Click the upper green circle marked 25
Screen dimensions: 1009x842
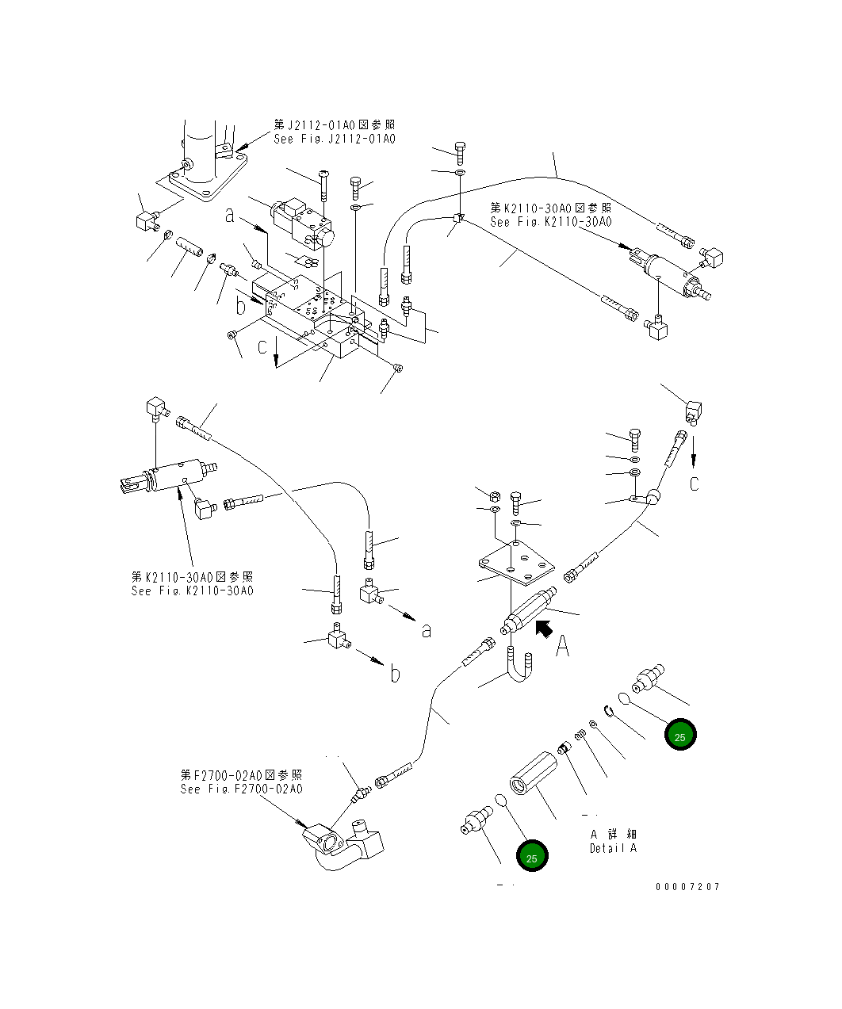click(x=679, y=736)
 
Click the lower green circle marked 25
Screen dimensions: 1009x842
click(x=532, y=857)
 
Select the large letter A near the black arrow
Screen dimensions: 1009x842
click(x=562, y=648)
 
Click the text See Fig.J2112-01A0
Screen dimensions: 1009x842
click(x=334, y=139)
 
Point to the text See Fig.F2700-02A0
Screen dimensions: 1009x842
click(x=241, y=789)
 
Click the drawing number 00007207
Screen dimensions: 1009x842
click(x=687, y=886)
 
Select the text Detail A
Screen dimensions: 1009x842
click(x=612, y=848)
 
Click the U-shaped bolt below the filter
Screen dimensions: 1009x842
click(x=519, y=671)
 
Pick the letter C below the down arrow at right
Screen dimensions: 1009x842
click(x=695, y=483)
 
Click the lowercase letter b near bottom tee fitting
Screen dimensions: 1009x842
click(x=395, y=674)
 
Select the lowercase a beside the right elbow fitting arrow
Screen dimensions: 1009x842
click(x=427, y=630)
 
